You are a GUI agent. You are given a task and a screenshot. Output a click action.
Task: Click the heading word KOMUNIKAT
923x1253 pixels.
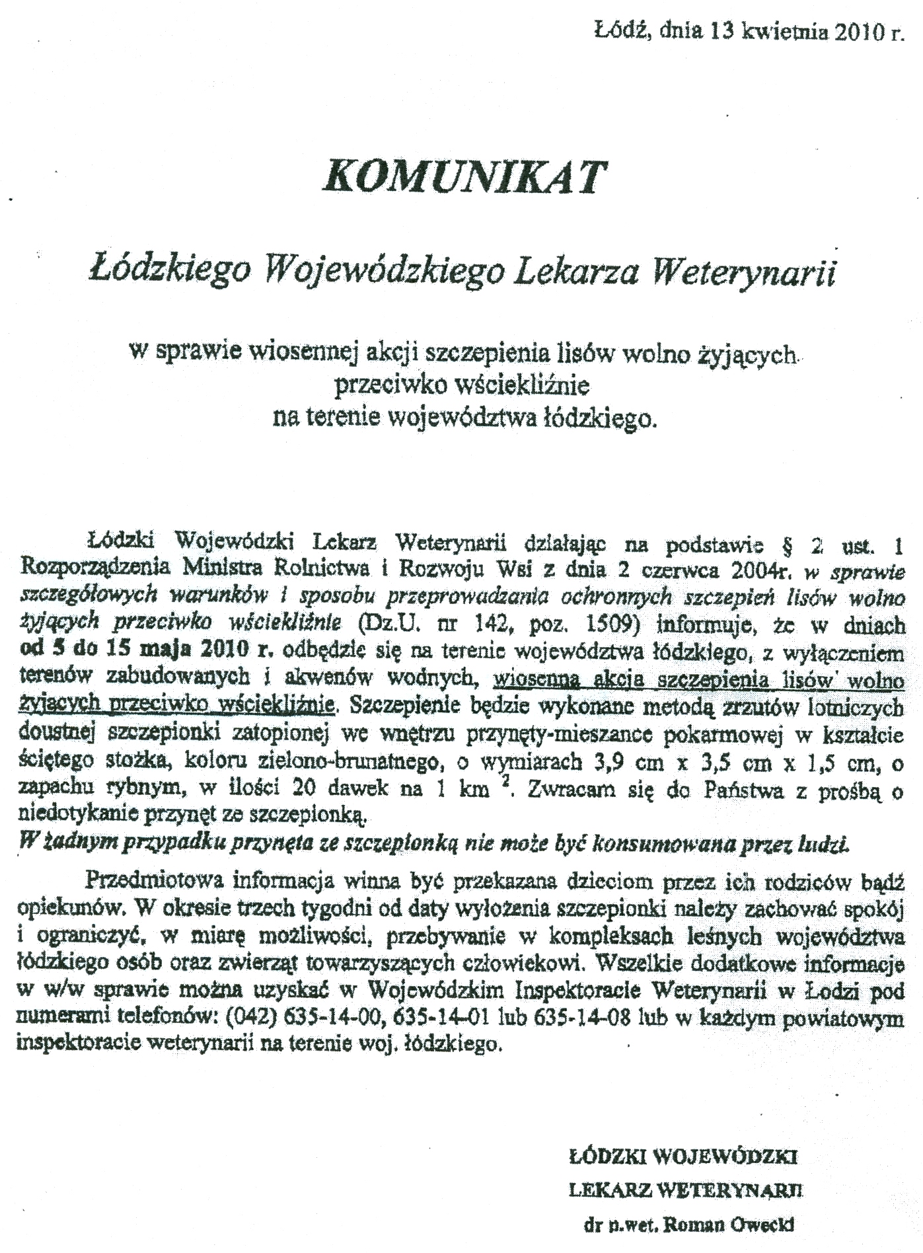[463, 176]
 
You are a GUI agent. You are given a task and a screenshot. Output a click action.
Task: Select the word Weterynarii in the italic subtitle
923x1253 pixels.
[743, 273]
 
